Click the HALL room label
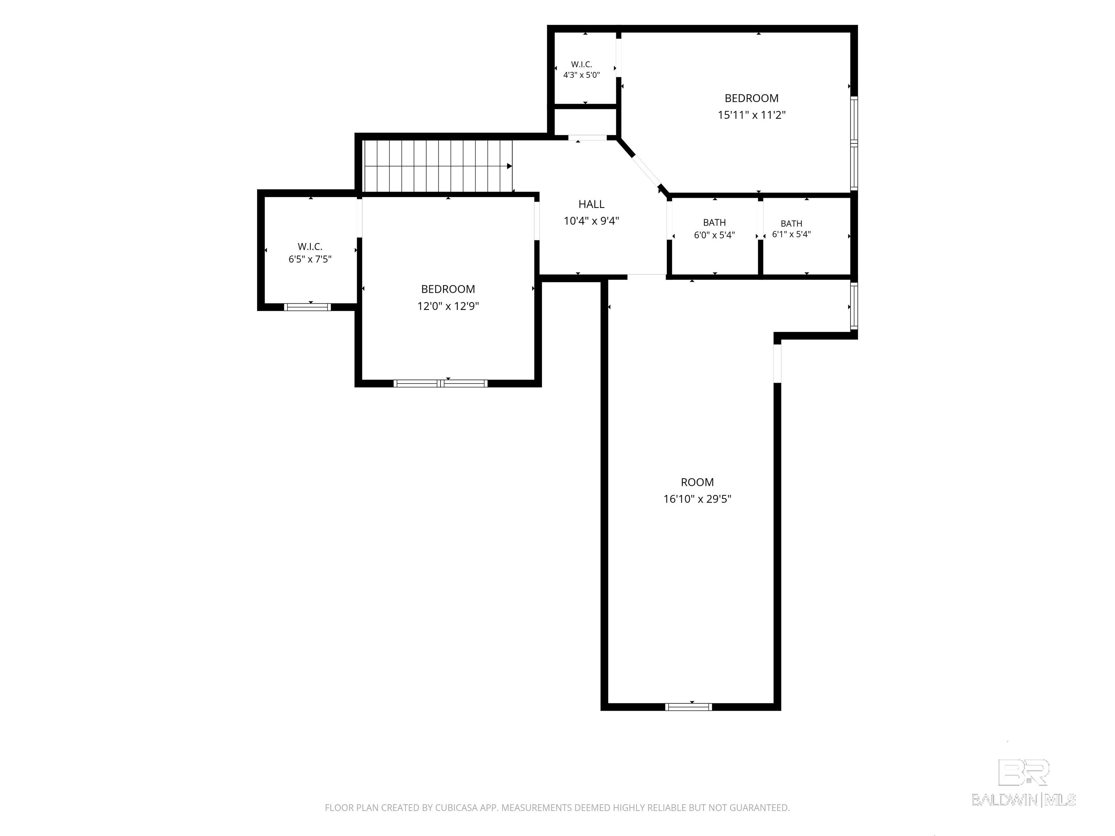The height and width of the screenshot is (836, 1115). pos(591,204)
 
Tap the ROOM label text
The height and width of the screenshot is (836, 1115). pos(697,482)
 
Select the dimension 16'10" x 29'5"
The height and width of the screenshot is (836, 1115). pos(697,499)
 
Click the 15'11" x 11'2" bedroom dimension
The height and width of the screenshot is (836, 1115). pos(752,115)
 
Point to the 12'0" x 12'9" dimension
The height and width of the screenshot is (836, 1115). pos(448,306)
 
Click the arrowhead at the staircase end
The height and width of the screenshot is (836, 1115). pos(510,166)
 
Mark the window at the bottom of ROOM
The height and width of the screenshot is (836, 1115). pos(689,706)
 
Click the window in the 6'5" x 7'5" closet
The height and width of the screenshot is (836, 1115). pos(307,307)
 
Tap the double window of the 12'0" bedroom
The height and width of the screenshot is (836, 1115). pos(441,384)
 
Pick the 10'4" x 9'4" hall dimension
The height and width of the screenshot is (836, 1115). pos(591,221)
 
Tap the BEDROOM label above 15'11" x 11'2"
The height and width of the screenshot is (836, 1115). pos(752,98)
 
